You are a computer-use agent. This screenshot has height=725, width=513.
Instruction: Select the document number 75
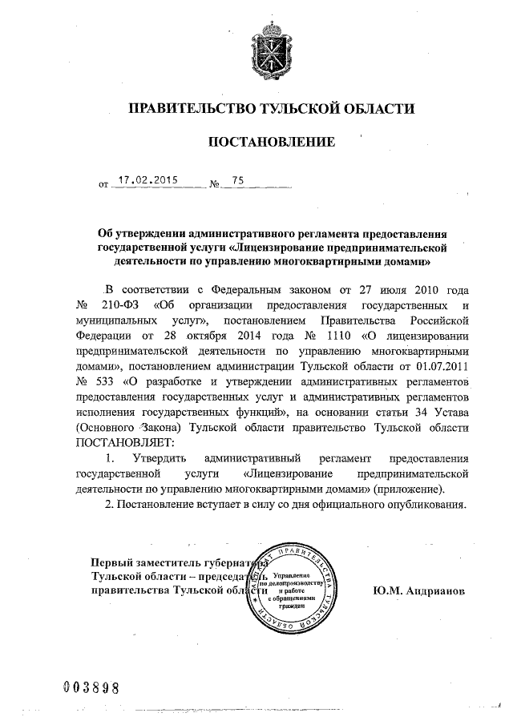pos(237,180)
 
